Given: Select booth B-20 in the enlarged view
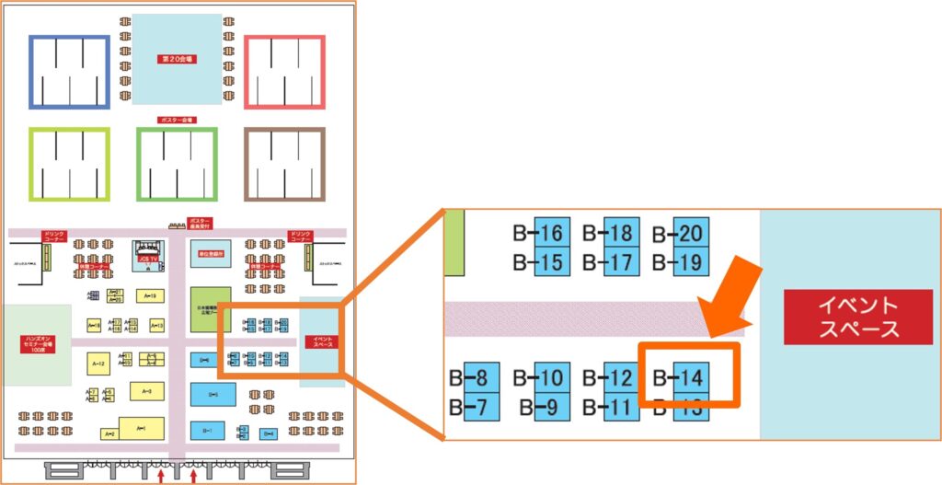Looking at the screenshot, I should point(691,233).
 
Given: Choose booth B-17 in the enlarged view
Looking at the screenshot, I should point(621,262).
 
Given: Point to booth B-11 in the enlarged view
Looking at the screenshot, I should point(621,405).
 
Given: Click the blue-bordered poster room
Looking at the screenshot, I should point(69,73).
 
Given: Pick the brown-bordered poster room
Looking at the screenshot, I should point(284,164).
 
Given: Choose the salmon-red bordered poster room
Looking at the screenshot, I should point(284,73).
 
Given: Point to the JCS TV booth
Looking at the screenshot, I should point(147,256).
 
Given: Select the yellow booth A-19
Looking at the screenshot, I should point(149,295).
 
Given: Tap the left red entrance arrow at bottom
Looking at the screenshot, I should point(162,476).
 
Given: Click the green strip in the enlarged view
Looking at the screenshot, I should point(454,243).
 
